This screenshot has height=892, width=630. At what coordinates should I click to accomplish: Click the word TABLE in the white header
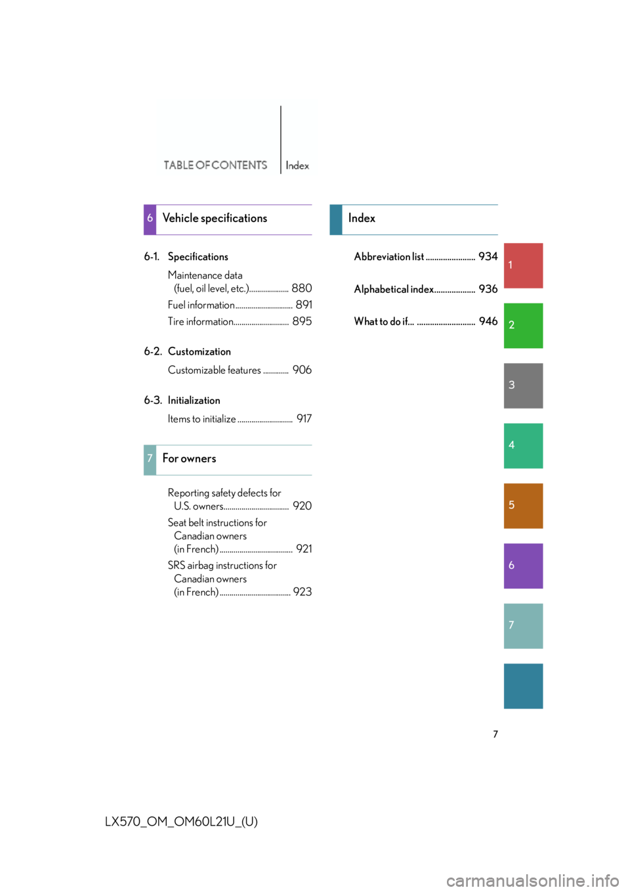(x=178, y=165)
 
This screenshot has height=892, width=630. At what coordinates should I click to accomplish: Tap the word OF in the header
(x=203, y=165)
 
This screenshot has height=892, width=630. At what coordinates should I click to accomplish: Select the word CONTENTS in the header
(x=240, y=165)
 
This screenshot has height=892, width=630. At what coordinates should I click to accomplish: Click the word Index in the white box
(x=297, y=166)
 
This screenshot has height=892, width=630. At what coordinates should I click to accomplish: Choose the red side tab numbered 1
(x=523, y=265)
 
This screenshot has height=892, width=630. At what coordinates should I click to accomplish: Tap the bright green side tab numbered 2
(x=523, y=326)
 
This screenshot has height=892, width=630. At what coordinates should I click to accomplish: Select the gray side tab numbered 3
(x=523, y=386)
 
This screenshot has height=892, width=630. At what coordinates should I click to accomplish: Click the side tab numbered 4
(x=523, y=446)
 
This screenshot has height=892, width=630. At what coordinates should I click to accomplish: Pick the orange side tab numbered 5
(x=523, y=506)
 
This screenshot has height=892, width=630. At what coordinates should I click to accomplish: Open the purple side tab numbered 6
(x=523, y=566)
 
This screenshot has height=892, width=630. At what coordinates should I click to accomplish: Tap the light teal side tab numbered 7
(x=523, y=626)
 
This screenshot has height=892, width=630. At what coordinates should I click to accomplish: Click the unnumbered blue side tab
(x=523, y=686)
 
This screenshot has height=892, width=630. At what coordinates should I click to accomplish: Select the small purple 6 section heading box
(x=150, y=219)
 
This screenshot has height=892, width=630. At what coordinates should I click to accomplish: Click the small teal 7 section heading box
(x=150, y=460)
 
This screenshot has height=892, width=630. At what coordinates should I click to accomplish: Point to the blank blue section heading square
(x=336, y=219)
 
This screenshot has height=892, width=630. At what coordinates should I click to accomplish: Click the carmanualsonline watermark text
(x=532, y=880)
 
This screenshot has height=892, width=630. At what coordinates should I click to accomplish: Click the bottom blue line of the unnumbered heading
(x=421, y=234)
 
